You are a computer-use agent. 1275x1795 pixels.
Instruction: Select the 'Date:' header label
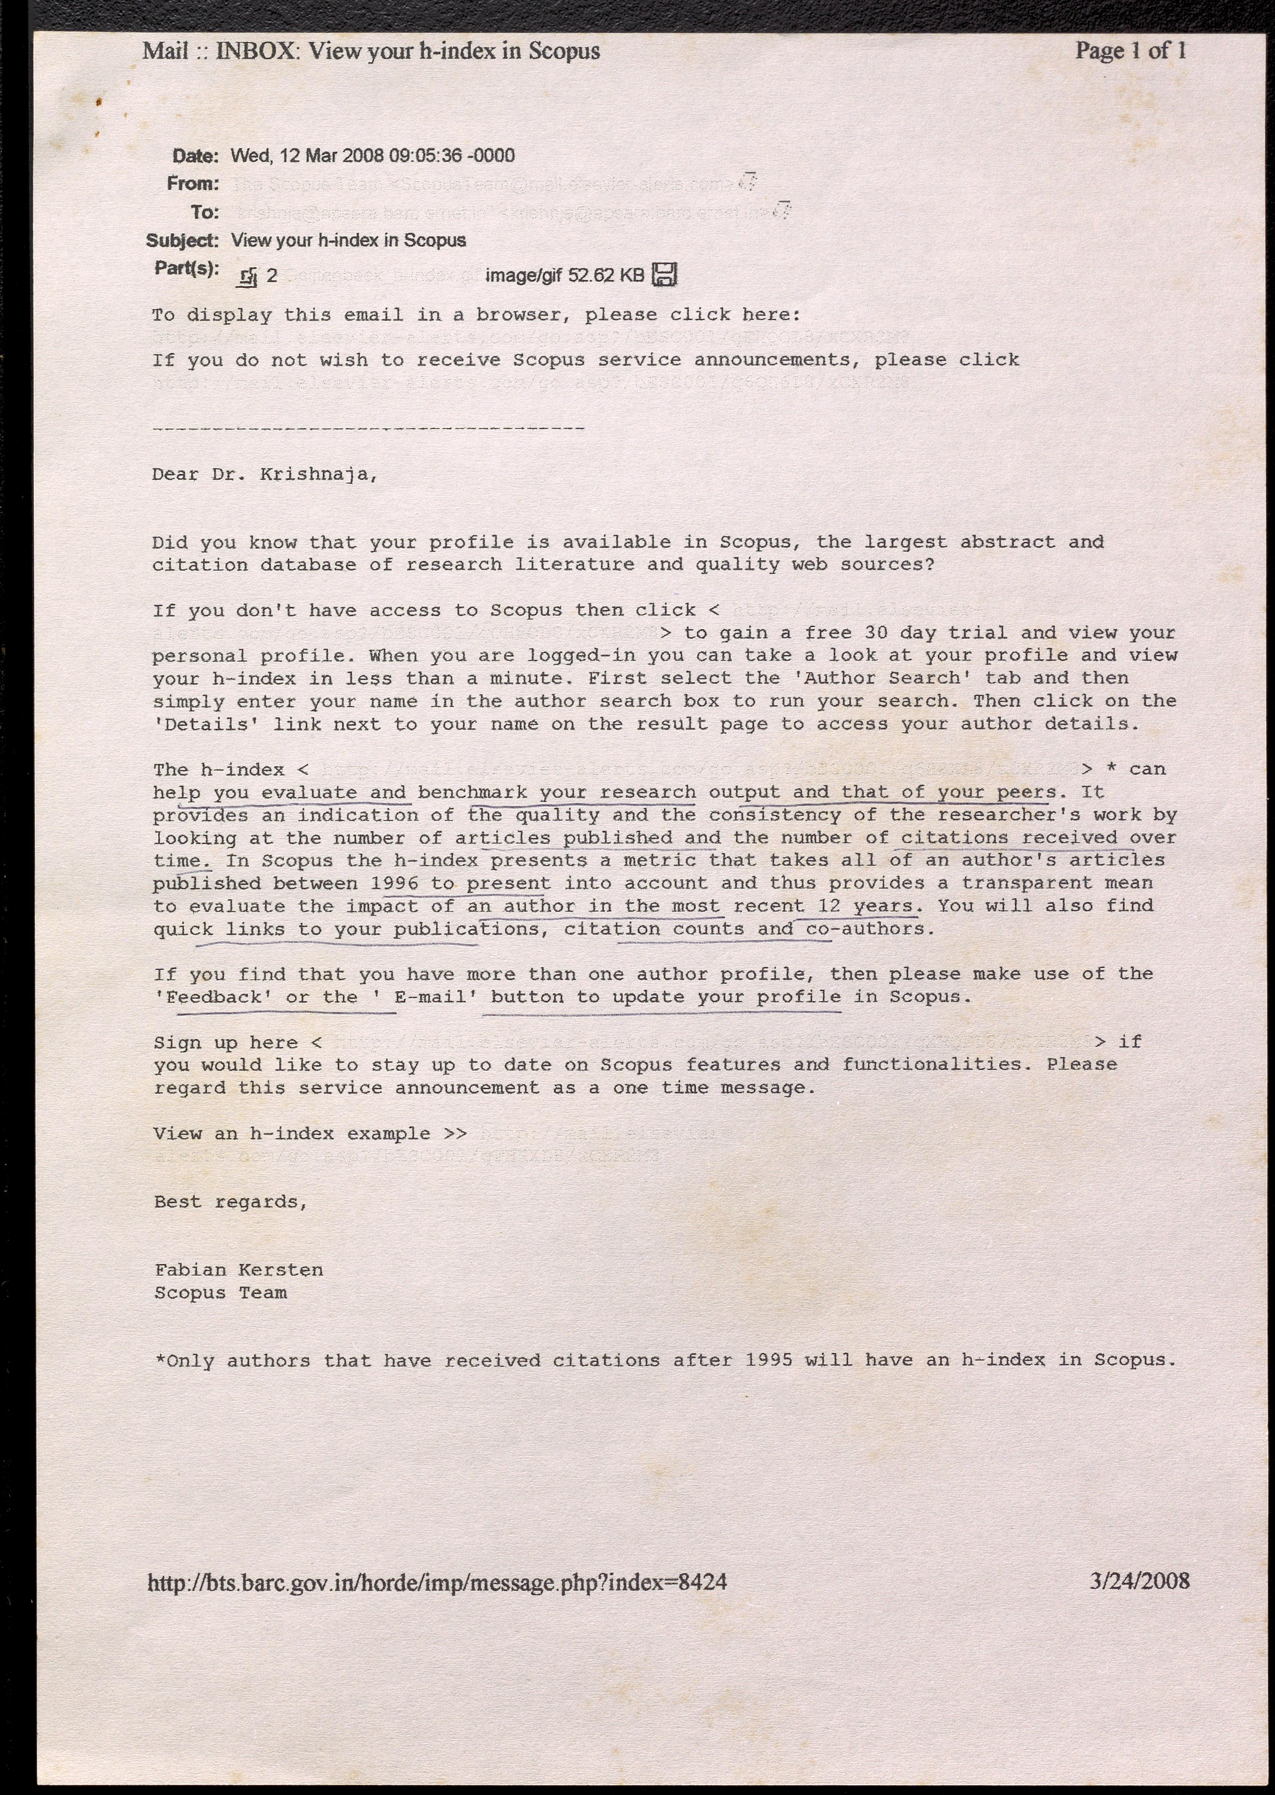(x=195, y=156)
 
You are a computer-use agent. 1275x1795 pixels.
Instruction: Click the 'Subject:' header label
(x=182, y=240)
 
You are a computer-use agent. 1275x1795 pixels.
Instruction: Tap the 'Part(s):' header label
(x=186, y=268)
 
